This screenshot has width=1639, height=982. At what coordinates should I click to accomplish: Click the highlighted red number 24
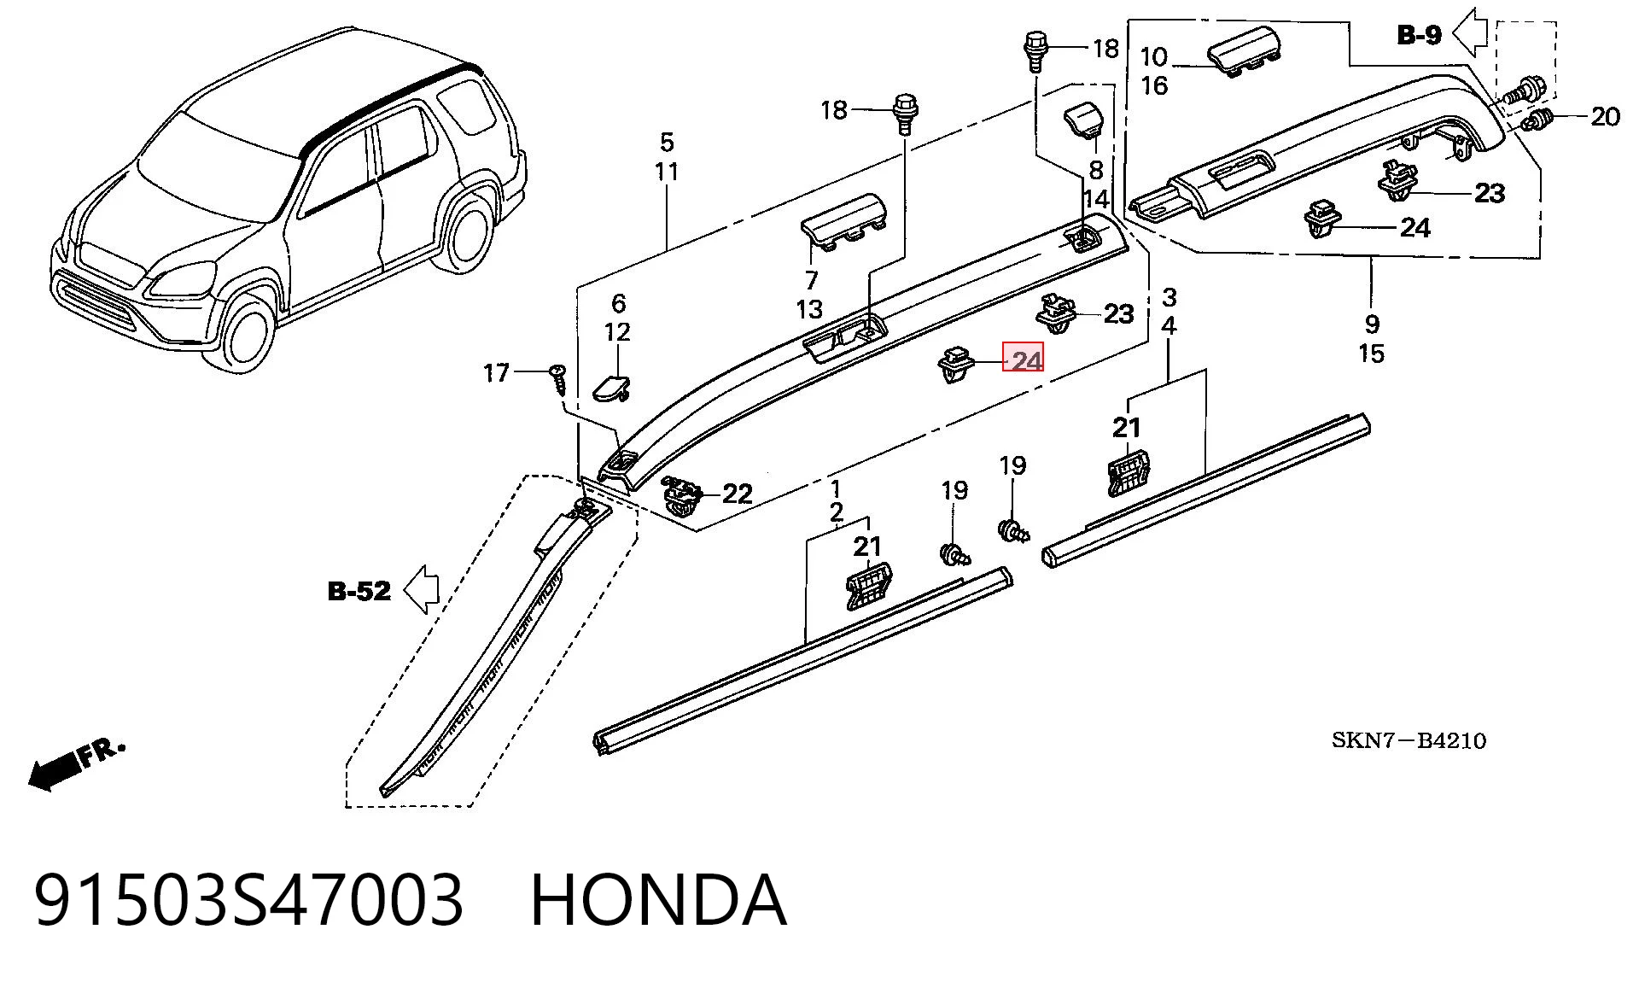[x=1023, y=359]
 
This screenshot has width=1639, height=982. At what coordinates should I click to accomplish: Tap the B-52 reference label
[x=359, y=591]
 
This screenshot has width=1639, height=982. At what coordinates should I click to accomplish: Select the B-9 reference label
[x=1419, y=34]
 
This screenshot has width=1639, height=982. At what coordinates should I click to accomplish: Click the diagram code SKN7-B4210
[x=1409, y=740]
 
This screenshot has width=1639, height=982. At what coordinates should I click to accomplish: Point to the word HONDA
[x=658, y=900]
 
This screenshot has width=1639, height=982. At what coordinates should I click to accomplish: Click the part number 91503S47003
[x=248, y=900]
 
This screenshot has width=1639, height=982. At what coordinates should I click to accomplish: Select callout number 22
[x=738, y=494]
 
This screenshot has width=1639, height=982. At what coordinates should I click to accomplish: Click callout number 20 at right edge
[x=1605, y=116]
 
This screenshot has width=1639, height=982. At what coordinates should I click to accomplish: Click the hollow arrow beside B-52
[x=422, y=589]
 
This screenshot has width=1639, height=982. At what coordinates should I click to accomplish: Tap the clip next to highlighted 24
[x=959, y=364]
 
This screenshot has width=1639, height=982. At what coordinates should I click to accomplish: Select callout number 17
[x=496, y=373]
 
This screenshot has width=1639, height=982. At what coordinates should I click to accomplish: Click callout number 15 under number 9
[x=1371, y=354]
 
